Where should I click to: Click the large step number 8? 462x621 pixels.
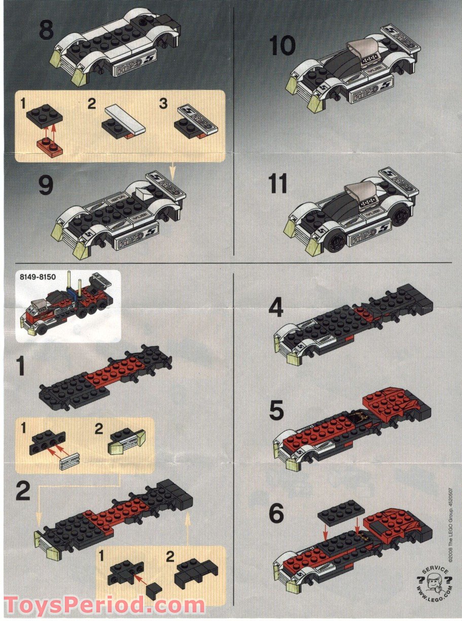46,30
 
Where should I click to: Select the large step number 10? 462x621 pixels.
282,46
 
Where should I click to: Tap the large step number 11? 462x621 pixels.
278,184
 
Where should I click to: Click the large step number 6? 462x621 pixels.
276,514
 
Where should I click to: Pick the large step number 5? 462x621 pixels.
276,411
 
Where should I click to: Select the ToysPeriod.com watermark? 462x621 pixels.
104,606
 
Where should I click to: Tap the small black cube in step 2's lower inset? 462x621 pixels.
154,589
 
